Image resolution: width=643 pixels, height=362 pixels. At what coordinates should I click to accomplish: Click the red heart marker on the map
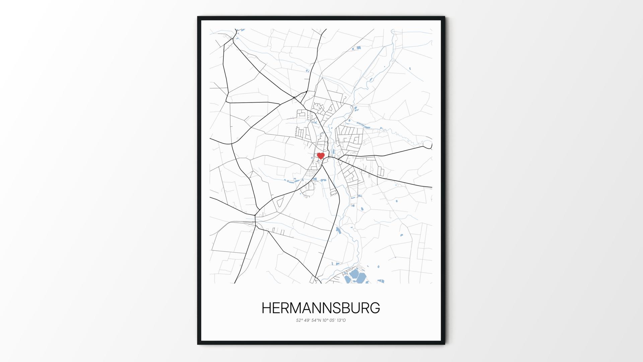click(x=321, y=156)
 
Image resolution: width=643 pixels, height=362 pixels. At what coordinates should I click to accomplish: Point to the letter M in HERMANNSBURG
click(x=298, y=308)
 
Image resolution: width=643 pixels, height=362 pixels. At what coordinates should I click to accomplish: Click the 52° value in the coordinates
click(x=299, y=320)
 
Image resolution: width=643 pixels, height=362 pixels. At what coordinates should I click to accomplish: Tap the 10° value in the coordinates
click(x=325, y=320)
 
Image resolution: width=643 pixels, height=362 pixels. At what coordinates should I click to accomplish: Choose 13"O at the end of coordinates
click(x=341, y=320)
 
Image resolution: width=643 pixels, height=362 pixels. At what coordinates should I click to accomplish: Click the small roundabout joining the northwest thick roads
click(x=294, y=98)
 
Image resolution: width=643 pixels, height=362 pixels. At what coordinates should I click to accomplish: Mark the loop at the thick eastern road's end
click(x=428, y=145)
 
